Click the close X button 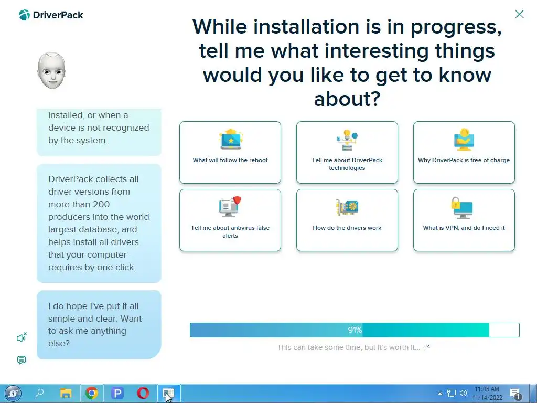tap(519, 14)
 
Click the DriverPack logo tap(51, 15)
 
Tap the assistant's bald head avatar tap(51, 71)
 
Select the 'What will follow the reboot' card tap(230, 152)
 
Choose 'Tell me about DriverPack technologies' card tap(347, 152)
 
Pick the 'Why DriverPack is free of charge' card tap(464, 152)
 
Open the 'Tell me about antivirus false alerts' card tap(230, 220)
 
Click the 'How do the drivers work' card tap(347, 220)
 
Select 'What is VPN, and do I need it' tap(464, 220)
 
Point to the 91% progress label tap(355, 330)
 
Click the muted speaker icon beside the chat tap(22, 337)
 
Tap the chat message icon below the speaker tap(21, 359)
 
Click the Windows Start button tap(13, 393)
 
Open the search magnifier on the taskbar tap(39, 393)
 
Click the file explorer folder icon tap(66, 393)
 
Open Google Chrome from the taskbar tap(91, 393)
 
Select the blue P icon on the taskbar tap(117, 393)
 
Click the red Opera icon tap(143, 393)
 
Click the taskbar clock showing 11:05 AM tap(487, 394)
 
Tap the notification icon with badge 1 tap(515, 394)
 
